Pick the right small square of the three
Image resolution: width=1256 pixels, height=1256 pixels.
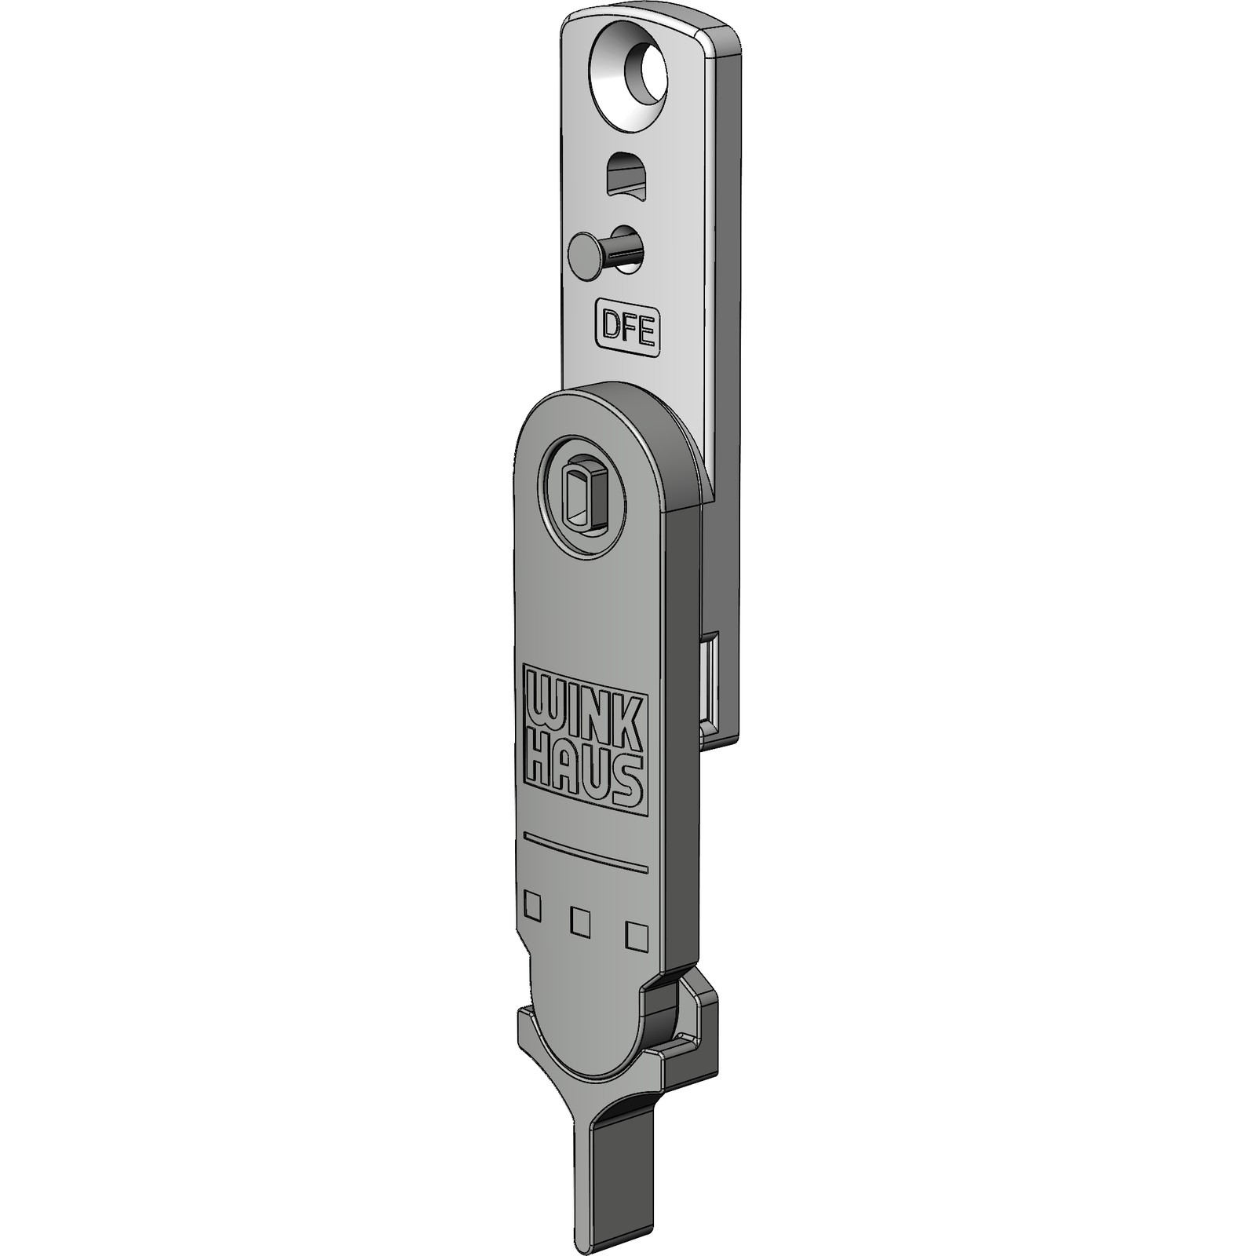click(636, 936)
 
